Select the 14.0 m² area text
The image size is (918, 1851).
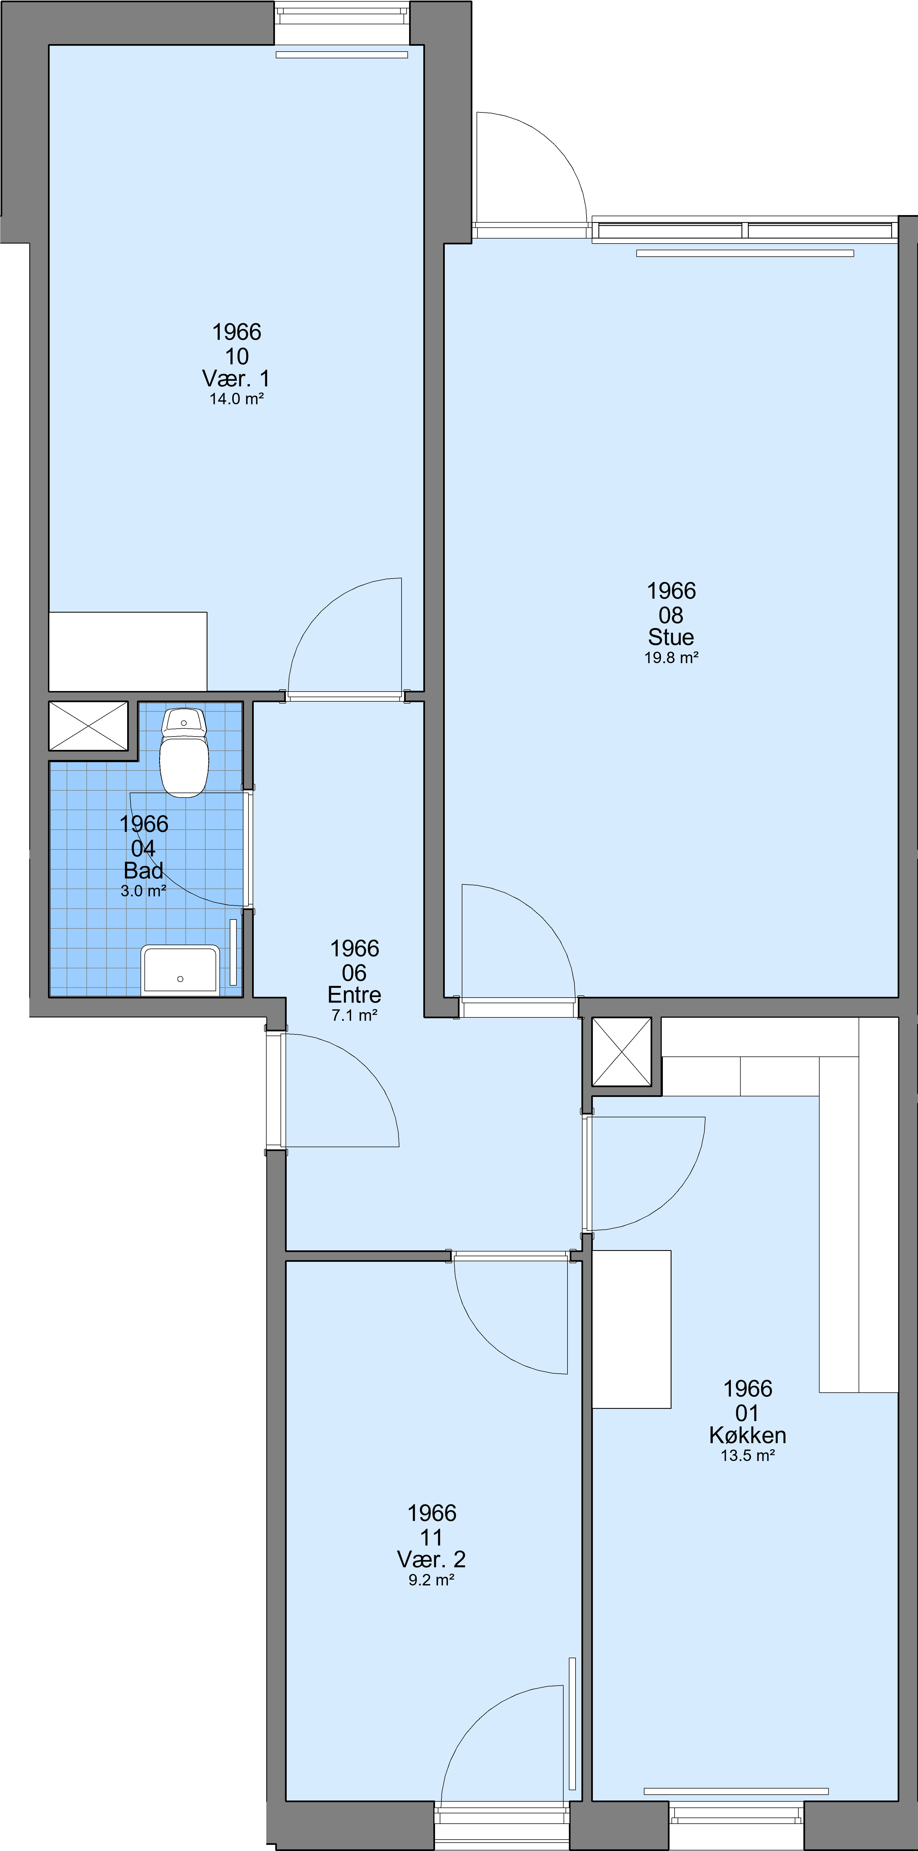[x=237, y=399]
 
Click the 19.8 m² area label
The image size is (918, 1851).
[x=671, y=658]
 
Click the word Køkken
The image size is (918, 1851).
[x=748, y=1435]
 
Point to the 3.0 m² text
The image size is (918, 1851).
[x=144, y=891]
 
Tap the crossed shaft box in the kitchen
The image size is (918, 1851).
[x=621, y=1051]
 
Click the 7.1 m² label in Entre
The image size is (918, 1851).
[x=355, y=1015]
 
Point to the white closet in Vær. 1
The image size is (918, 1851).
[x=128, y=652]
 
